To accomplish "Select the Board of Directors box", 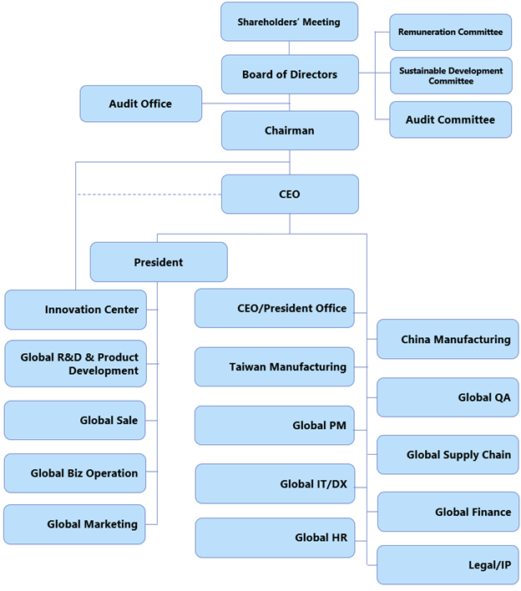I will click(289, 74).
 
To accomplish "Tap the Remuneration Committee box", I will click(450, 32).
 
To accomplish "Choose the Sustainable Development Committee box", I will click(450, 76).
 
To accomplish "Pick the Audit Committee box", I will click(450, 119).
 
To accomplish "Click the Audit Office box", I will click(140, 104).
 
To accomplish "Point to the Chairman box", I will click(289, 130).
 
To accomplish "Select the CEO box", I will click(289, 194).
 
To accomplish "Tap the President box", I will click(158, 261).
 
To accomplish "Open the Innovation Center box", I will click(76, 310).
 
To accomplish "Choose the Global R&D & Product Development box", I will click(76, 363).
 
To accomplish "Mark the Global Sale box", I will click(76, 420).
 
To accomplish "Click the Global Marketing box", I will click(76, 524).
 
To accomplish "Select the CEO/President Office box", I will click(275, 308).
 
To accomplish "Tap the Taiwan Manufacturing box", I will click(275, 366).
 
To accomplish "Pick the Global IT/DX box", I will click(275, 484).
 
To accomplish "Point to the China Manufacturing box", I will click(448, 339).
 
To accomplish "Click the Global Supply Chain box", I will click(448, 455).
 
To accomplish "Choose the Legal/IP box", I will click(448, 565).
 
